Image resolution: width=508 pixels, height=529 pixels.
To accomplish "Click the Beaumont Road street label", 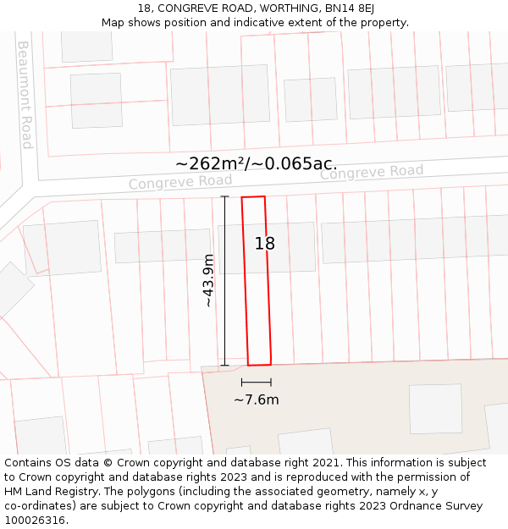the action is (25, 95).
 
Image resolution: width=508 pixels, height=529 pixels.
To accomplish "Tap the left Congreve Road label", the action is (180, 182).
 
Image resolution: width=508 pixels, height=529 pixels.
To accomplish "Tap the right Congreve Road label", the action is (371, 172).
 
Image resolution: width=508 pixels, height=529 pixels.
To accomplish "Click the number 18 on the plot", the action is (265, 244).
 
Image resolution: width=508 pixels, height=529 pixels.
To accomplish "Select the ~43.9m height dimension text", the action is (208, 280).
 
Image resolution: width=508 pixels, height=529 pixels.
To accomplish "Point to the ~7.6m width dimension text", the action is (257, 400).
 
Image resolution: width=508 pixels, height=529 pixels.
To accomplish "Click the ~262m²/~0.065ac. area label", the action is (256, 164).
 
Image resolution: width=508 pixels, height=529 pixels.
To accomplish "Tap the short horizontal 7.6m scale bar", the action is (257, 383).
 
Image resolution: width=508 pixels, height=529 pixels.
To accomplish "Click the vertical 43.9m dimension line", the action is (224, 281).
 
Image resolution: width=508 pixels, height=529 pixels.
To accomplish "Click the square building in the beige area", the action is (435, 409).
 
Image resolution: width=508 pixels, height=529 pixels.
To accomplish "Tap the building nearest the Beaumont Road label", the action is (96, 101).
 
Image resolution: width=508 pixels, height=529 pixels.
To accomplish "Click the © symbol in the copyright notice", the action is (108, 463).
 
